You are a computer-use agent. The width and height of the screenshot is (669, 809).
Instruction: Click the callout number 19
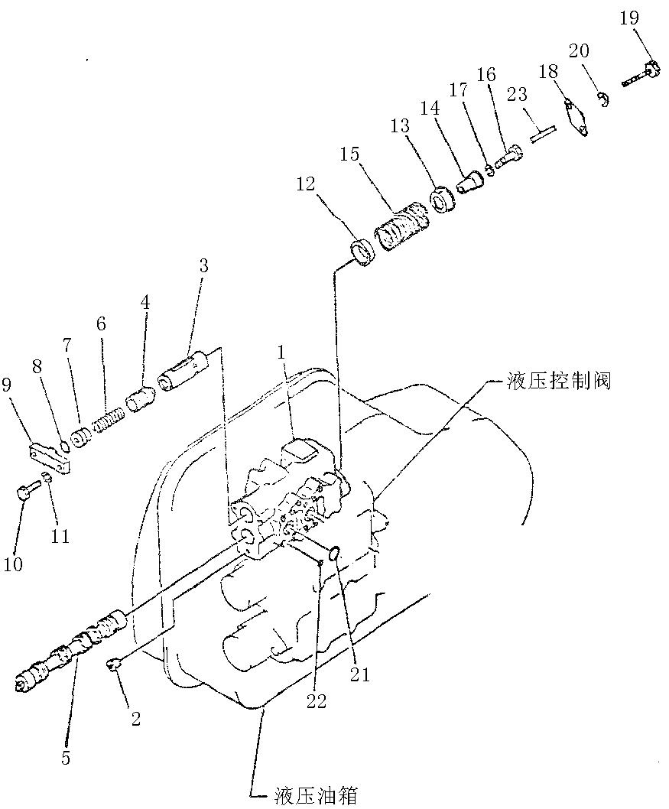pos(628,18)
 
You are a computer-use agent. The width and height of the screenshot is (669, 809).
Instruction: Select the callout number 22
pos(316,700)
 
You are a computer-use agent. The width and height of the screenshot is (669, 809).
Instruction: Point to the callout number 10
pos(13,564)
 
